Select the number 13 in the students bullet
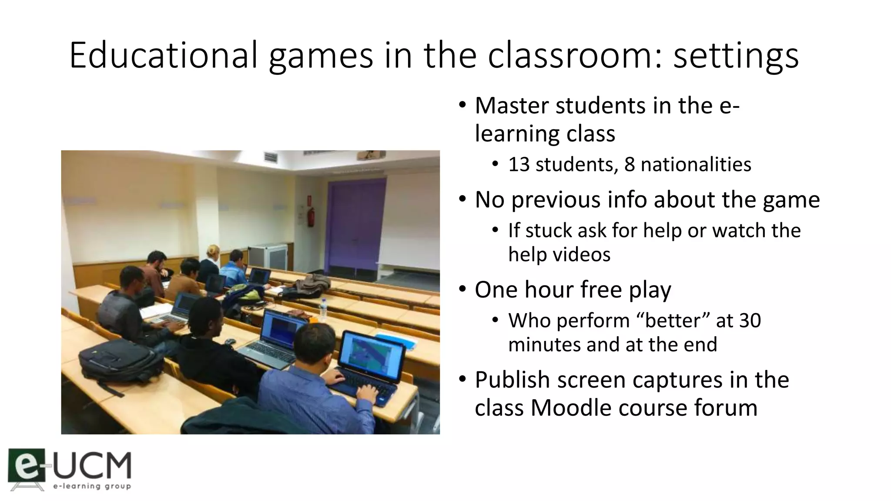pyautogui.click(x=518, y=164)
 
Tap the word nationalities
pyautogui.click(x=696, y=164)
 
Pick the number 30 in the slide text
pyautogui.click(x=750, y=321)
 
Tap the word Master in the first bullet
pyautogui.click(x=512, y=106)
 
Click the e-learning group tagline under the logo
pyautogui.click(x=92, y=486)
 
